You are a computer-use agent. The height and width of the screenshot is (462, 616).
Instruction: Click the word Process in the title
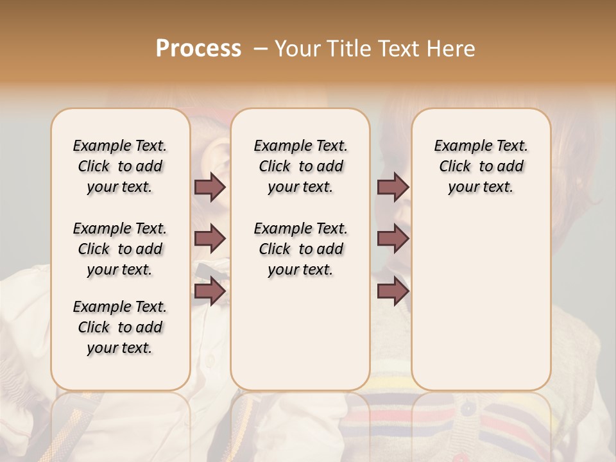point(198,49)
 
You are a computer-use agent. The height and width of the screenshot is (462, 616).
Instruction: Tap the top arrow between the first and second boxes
point(210,187)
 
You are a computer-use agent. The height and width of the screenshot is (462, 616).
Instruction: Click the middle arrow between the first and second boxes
point(210,239)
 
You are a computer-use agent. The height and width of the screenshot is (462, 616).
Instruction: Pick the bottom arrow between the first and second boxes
point(210,291)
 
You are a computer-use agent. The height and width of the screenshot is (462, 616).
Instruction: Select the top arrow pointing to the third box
point(393,187)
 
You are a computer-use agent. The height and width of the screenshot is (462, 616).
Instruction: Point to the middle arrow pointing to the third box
point(393,239)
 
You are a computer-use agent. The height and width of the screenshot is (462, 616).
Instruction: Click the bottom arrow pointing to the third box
point(393,291)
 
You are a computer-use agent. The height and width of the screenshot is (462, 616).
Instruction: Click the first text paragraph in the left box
point(120,166)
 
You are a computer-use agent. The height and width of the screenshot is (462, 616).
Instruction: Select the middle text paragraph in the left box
point(120,249)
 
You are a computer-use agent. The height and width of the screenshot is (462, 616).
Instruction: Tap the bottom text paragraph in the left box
point(120,327)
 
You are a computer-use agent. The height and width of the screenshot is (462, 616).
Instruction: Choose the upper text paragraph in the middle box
point(300,166)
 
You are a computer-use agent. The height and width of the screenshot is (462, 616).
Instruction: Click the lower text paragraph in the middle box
point(300,249)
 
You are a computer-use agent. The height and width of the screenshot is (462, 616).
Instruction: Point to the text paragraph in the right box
point(481,166)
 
